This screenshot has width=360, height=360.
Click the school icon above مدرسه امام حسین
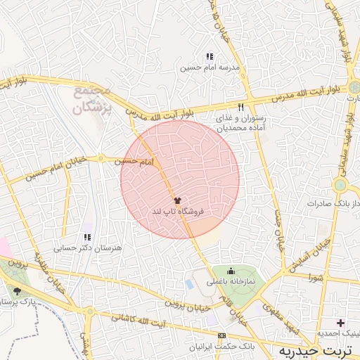coord(209,56)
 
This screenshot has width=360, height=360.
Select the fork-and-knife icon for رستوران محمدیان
coord(240,107)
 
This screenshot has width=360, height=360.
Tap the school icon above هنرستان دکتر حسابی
coord(87,238)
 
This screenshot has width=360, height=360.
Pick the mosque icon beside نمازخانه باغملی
coord(231,271)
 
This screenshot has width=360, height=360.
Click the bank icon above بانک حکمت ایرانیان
coord(222,335)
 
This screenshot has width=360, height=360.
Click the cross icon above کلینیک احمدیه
coord(340,323)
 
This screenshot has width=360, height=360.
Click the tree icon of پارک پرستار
coord(17,290)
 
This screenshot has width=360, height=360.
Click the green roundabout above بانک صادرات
coord(340,186)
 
